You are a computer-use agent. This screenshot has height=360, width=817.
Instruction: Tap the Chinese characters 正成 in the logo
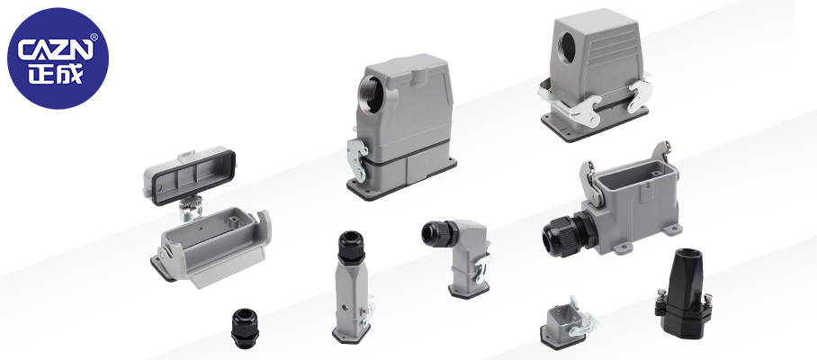(x=56, y=74)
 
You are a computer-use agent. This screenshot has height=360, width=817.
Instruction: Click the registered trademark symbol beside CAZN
(x=94, y=37)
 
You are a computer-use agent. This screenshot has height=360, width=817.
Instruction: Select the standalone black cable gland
(x=245, y=328)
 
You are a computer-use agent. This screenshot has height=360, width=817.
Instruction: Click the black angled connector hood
(x=684, y=293)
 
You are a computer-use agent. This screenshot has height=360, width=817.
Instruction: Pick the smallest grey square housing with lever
(x=566, y=322)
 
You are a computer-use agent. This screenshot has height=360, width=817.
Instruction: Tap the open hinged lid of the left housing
(x=190, y=176)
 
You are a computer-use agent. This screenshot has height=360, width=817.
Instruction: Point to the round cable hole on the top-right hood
(x=566, y=48)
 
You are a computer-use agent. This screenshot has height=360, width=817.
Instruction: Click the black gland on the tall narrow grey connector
(x=351, y=247)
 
